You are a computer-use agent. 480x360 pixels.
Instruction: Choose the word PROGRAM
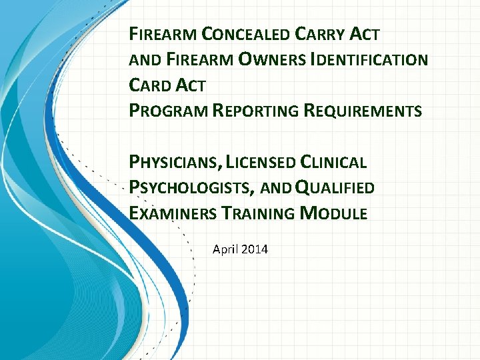[168, 111]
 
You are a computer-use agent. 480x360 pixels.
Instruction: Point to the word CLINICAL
[334, 163]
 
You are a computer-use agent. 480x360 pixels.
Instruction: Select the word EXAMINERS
[170, 214]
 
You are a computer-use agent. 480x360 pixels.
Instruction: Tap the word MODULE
[334, 214]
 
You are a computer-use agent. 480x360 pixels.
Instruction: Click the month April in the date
[225, 250]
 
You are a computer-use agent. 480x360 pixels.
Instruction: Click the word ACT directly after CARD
[192, 85]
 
